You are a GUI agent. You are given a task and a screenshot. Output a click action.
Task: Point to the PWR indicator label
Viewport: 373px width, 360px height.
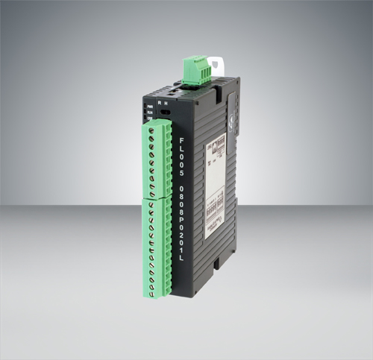pos(149,106)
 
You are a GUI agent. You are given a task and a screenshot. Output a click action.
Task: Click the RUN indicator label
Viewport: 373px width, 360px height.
pos(149,113)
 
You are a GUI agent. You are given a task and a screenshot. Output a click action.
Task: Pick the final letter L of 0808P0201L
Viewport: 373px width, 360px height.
pos(184,258)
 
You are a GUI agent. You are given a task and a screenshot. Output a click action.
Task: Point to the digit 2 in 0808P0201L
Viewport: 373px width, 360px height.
pos(184,238)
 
